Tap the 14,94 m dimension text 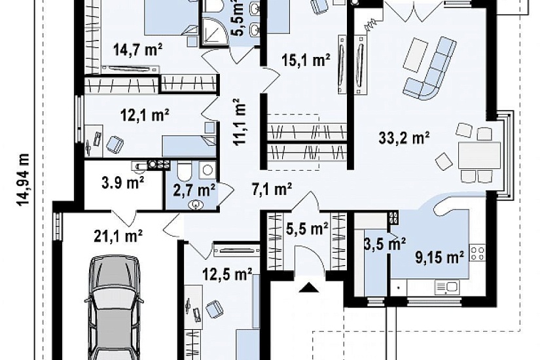click(x=23, y=179)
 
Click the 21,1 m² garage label click(x=118, y=237)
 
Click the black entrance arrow click(x=309, y=287)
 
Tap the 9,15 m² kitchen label click(x=439, y=257)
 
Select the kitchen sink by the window click(x=448, y=287)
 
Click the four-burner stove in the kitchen click(x=478, y=253)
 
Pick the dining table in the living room click(x=479, y=154)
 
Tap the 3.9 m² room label click(x=122, y=183)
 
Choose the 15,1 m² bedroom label click(x=306, y=61)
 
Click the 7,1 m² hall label click(x=272, y=189)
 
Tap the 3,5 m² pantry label click(x=385, y=244)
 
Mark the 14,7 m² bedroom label click(x=137, y=50)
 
